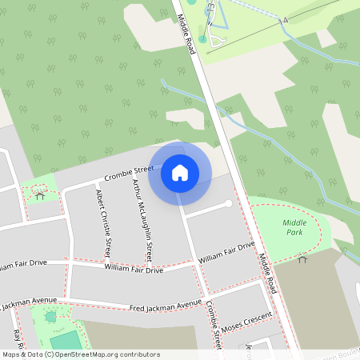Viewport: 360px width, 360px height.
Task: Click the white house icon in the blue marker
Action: [180, 171]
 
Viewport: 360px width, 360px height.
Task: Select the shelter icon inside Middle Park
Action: [302, 258]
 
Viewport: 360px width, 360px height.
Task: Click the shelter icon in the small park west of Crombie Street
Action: [40, 194]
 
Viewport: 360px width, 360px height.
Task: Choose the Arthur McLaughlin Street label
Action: [142, 219]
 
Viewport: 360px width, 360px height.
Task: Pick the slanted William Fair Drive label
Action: [226, 252]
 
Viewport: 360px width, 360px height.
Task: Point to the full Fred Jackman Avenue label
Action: [166, 305]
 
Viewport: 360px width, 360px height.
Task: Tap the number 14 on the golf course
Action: [283, 22]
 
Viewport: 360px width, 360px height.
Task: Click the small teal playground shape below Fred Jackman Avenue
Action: [51, 318]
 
